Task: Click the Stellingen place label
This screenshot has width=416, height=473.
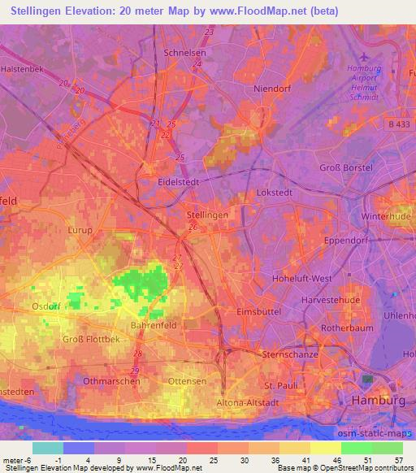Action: coord(207,215)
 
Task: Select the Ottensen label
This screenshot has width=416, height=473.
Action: coord(186,380)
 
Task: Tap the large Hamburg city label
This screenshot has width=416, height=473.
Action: coord(377,401)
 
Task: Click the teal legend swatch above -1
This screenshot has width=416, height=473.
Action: coord(48,448)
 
